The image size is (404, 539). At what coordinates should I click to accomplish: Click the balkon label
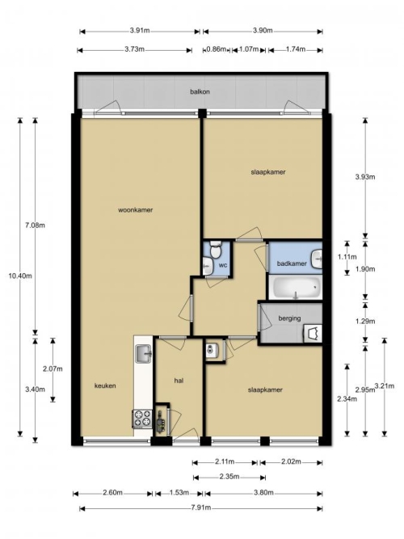point(200,92)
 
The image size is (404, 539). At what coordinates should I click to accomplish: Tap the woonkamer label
point(136,209)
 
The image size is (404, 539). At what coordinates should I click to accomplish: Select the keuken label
point(105,385)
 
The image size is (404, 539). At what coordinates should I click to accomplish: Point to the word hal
point(179,381)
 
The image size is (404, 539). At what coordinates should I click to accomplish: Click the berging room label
point(289,318)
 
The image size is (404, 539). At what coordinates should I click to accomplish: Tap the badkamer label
point(292,263)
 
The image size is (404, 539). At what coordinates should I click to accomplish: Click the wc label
point(223,265)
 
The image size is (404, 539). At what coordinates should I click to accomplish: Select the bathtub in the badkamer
point(296,287)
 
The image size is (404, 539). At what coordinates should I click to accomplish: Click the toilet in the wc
point(216,251)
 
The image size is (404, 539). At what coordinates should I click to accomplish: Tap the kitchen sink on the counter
point(144,354)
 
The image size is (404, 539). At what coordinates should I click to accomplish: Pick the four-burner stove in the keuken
point(142,419)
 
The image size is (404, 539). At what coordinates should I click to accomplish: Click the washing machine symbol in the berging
point(313,333)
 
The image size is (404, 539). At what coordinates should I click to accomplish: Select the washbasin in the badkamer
point(317,259)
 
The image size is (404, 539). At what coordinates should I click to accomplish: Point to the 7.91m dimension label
point(201,507)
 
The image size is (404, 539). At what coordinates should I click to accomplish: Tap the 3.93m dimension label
point(365,177)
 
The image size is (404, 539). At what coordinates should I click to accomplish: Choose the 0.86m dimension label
point(217,49)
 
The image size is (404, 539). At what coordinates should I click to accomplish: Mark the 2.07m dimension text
point(53,368)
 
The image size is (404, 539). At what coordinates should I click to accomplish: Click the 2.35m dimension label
point(229,477)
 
